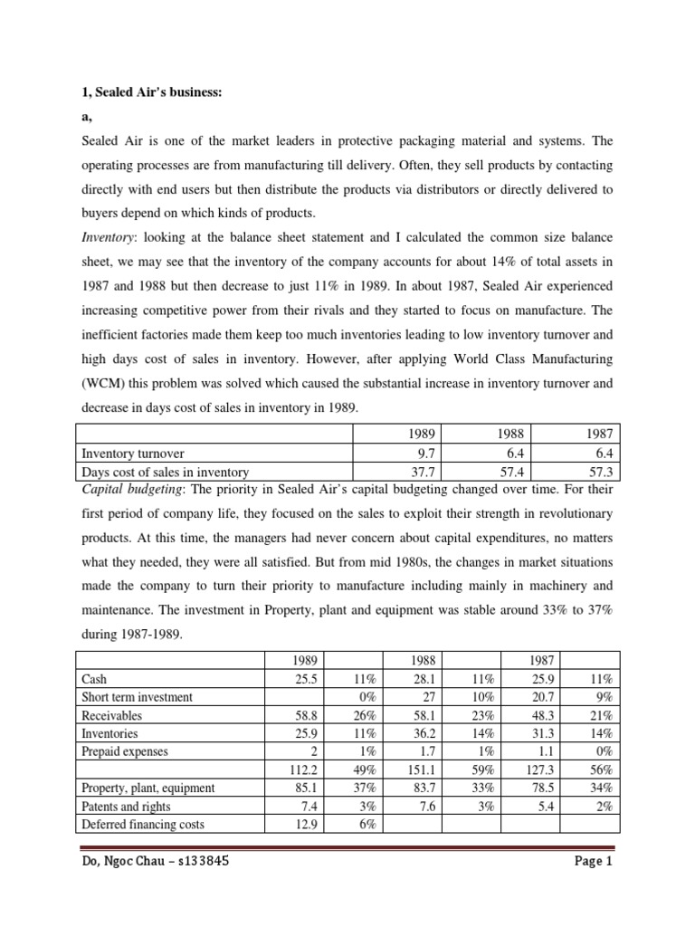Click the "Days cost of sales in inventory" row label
[166, 472]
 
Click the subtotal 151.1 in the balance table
[424, 769]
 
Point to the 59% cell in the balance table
[482, 769]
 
